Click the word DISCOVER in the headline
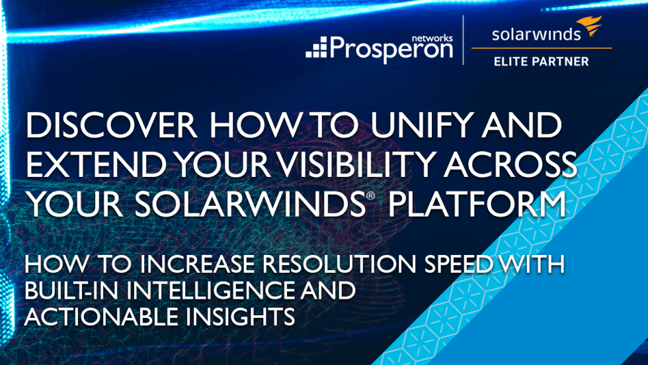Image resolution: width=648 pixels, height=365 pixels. coord(111,125)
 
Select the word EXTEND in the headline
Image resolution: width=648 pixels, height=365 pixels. coord(96,164)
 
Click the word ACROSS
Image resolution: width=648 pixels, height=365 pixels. coord(510,164)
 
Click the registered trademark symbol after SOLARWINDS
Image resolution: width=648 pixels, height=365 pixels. coord(370,195)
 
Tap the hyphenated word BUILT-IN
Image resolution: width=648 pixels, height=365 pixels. coord(71,290)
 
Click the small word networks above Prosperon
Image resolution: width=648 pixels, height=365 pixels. coord(432,38)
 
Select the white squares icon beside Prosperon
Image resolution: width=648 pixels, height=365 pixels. coord(317,47)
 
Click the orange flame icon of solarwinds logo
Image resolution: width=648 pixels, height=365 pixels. coord(589,25)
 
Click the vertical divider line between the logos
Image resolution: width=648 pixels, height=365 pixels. coord(464,40)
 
